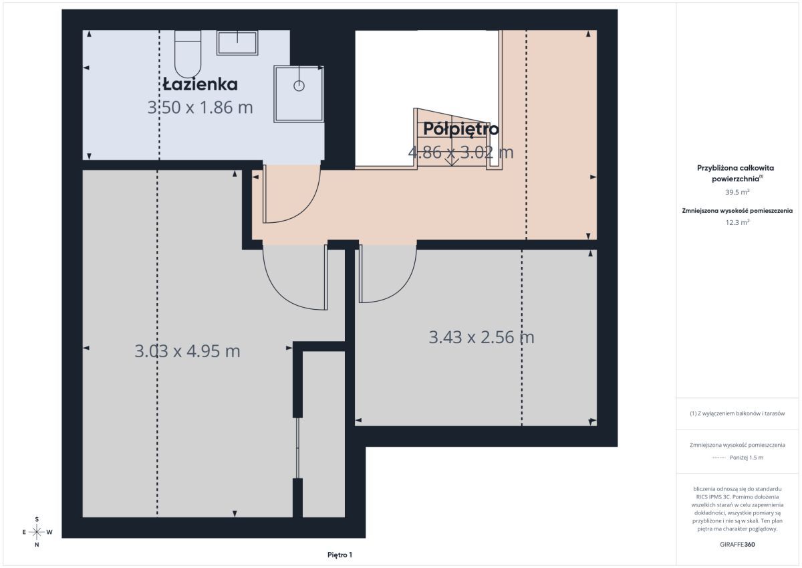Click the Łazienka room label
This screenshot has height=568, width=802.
(x=200, y=84)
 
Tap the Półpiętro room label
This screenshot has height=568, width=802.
(x=460, y=129)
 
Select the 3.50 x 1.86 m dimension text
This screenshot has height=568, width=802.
(x=200, y=108)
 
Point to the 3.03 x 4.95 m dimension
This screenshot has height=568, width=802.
(x=187, y=351)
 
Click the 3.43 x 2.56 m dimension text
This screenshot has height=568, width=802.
(x=482, y=338)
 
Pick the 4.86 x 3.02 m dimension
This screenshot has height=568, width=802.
(x=460, y=153)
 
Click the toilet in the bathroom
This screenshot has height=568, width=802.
(x=188, y=54)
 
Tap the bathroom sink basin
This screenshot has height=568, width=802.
(x=237, y=43)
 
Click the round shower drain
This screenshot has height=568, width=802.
(x=299, y=86)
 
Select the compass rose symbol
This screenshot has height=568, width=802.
(x=37, y=532)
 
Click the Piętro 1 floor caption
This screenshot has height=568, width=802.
(x=340, y=555)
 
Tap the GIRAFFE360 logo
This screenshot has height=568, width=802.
(x=737, y=545)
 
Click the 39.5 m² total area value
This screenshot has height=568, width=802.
(x=737, y=192)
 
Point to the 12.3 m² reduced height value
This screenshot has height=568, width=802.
(x=737, y=222)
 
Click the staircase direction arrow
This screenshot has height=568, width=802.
(x=452, y=159)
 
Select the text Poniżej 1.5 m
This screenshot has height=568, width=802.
(x=747, y=458)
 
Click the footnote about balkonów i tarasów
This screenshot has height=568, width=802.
(x=737, y=413)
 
